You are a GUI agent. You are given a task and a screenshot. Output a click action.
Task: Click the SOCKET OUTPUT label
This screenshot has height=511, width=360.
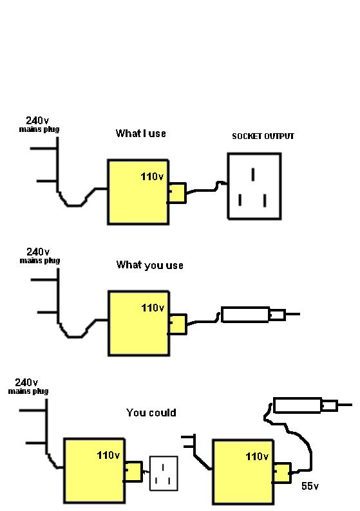tap(263, 136)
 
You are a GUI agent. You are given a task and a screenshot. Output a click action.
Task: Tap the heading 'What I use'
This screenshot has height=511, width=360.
tap(141, 133)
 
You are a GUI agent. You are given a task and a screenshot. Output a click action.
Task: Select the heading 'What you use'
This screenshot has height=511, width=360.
tap(149, 265)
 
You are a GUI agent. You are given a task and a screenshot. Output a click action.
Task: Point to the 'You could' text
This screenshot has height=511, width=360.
tap(151, 413)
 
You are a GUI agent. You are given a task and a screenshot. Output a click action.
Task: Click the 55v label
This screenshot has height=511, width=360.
tap(310, 486)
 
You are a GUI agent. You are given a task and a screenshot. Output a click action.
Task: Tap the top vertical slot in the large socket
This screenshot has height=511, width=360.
tap(253, 174)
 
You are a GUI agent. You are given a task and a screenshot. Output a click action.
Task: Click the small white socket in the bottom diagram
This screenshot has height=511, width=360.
tap(164, 473)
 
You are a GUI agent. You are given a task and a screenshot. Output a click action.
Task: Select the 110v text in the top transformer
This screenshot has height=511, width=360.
tap(152, 176)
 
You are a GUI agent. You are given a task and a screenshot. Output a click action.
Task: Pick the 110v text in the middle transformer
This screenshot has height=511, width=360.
tap(153, 308)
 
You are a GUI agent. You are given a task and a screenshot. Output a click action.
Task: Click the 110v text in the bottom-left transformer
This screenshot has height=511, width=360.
tap(108, 455)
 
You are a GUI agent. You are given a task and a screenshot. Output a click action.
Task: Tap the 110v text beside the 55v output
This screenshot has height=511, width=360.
tap(257, 456)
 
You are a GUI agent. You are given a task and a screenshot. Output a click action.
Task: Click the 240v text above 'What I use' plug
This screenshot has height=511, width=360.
tap(37, 120)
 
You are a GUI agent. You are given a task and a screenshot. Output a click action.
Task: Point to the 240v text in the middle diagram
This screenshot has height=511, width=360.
tap(38, 252)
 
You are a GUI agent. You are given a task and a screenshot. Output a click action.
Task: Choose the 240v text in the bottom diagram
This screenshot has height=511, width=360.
tap(26, 382)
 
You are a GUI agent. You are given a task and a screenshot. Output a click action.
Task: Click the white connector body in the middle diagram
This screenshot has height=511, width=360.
tap(245, 315)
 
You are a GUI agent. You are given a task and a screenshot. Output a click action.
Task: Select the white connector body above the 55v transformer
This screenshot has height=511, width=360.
tap(298, 405)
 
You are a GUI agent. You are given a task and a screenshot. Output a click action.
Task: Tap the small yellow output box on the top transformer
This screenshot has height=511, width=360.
tap(177, 193)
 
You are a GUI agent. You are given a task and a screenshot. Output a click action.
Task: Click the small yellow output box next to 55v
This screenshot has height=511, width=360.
tap(281, 473)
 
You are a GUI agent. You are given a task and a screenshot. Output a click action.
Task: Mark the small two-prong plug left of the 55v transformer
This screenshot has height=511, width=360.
tap(189, 441)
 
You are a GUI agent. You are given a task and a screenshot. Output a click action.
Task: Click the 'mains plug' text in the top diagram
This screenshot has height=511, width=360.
tap(39, 129)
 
